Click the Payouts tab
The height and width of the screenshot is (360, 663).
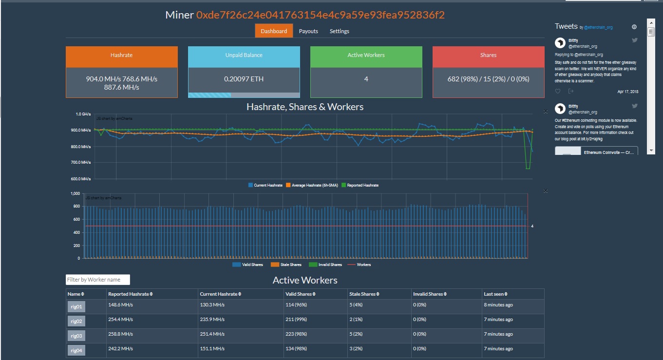coord(308,31)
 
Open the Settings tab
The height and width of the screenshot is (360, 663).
coord(339,31)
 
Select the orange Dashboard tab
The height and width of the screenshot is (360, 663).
coord(274,31)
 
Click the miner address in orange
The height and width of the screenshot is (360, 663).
coord(320,15)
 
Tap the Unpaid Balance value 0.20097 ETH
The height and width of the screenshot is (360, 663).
coord(244,79)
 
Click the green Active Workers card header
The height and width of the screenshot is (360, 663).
coord(366,55)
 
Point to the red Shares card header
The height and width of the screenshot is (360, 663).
coord(488,55)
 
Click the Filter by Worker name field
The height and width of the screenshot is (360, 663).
coord(98,280)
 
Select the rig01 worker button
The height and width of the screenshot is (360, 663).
coord(76,307)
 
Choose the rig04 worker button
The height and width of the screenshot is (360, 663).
coord(76,350)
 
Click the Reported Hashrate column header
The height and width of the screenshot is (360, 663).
coord(130,294)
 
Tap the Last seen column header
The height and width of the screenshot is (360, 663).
coord(496,294)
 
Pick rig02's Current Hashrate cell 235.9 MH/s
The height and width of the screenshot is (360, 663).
coord(212,320)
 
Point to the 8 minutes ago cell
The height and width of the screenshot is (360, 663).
coord(498,305)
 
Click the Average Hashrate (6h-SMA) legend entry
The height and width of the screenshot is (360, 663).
coord(311,185)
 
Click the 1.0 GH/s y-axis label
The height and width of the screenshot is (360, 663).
coord(83,114)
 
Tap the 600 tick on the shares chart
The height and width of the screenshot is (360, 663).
coord(76,219)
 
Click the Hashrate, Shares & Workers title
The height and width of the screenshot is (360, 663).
coord(305,107)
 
